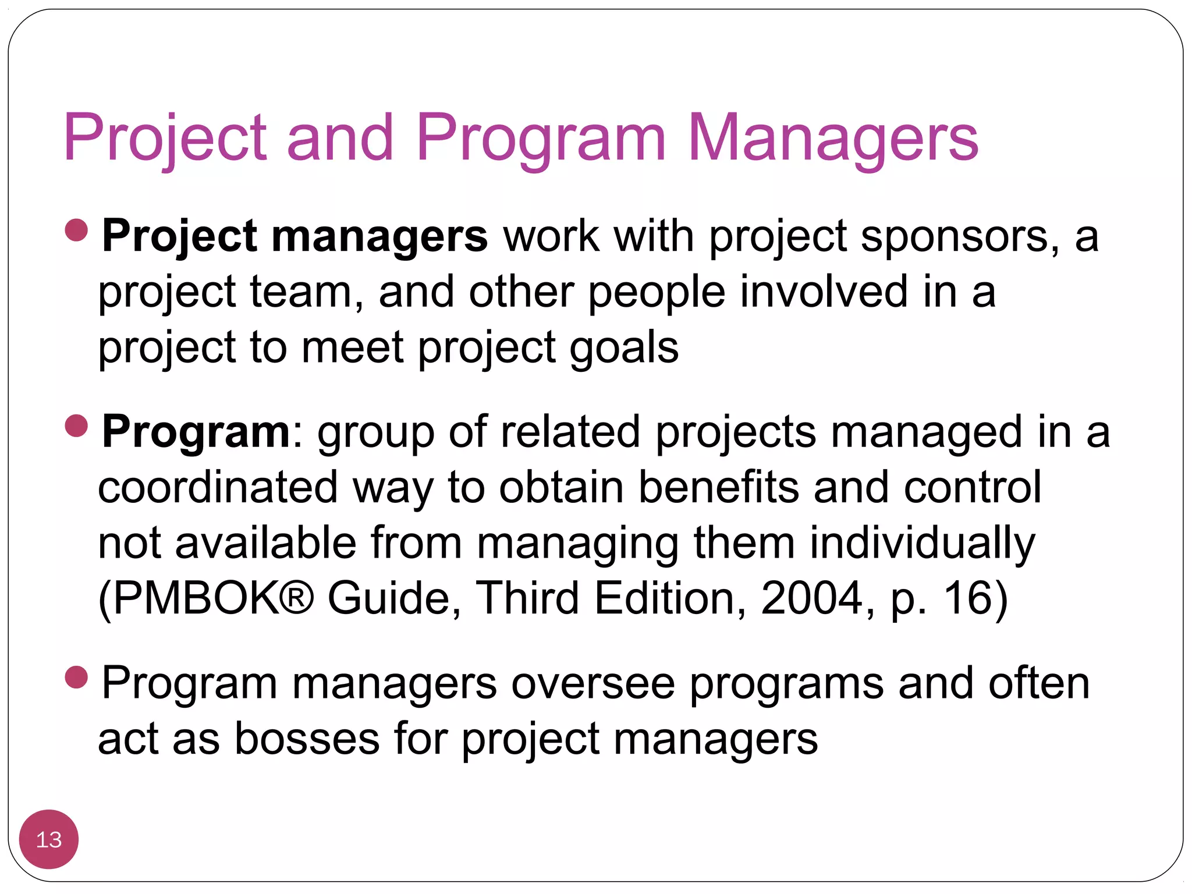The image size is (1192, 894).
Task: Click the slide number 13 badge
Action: pos(49,839)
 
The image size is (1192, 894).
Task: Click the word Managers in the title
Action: pos(833,138)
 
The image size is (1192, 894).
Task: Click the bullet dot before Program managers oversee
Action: pos(77,677)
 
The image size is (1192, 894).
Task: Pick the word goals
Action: pos(624,347)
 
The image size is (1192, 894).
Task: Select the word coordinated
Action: pos(218,487)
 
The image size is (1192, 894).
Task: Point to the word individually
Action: pos(923,543)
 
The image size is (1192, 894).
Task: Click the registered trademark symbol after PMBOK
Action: pos(298,598)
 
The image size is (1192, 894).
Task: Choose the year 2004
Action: pos(811,598)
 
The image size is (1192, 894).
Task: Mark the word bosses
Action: pos(307,739)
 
